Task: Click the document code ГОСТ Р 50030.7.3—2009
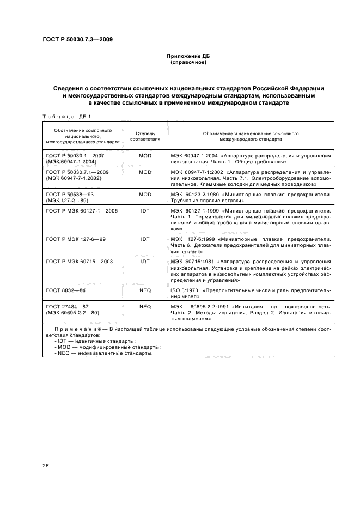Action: (x=78, y=39)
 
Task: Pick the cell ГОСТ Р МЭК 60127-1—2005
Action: (x=78, y=210)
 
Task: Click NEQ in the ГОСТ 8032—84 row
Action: (x=145, y=290)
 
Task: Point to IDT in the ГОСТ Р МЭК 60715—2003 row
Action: (x=145, y=261)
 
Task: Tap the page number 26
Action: (x=46, y=465)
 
